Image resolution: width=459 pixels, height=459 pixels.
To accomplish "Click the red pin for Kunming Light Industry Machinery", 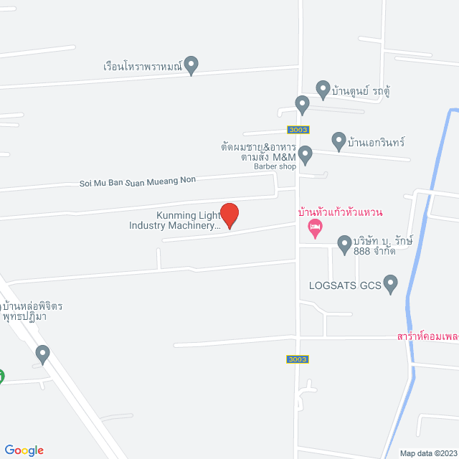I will click(x=229, y=215).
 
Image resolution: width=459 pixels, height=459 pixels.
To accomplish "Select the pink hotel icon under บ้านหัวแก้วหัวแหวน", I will click(x=314, y=229).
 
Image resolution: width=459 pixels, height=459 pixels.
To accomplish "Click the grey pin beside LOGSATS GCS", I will click(x=391, y=284).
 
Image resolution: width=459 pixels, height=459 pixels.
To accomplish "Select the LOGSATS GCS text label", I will click(x=344, y=285).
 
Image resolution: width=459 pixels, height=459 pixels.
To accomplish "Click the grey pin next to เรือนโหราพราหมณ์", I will click(x=191, y=65).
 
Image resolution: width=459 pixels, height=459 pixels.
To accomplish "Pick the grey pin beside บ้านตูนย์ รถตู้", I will click(x=323, y=90).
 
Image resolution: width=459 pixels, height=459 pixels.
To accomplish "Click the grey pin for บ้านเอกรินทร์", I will click(x=339, y=141).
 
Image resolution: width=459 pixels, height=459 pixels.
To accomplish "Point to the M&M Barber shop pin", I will click(x=306, y=154).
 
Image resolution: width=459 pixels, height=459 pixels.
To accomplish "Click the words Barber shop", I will click(x=275, y=166).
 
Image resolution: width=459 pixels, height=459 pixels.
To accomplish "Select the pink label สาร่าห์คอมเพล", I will click(x=427, y=336).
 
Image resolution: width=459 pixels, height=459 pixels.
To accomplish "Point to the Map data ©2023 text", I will click(x=427, y=453).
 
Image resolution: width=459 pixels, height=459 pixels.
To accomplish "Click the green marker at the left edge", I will click(x=1, y=376).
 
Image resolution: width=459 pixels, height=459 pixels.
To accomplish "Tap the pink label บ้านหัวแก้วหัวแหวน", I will click(x=340, y=212).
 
